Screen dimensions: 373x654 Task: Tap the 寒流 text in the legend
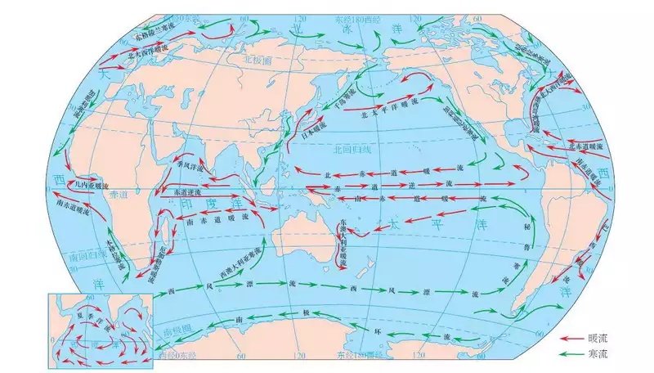coord(598,354)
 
